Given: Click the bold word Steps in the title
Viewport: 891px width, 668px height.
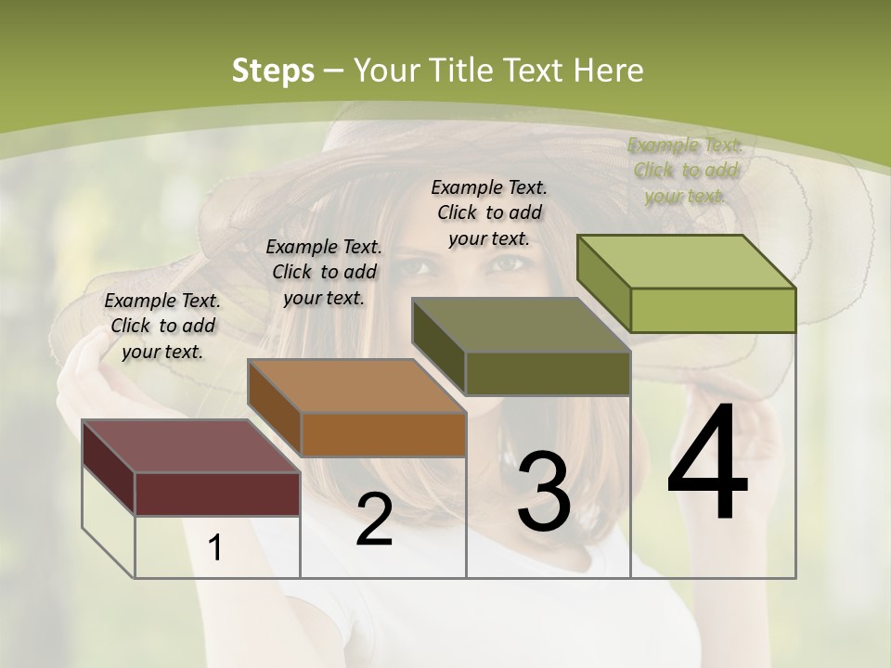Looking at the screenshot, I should pos(273,71).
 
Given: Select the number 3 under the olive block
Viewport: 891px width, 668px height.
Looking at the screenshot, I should pos(544,492).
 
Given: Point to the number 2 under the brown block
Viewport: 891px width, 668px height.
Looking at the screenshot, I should pos(374,520).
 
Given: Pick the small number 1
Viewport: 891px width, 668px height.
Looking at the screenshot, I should pos(215,547).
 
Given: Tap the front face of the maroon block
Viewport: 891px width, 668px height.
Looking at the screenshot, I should pos(217,494).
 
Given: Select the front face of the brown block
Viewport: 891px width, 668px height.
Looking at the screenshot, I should pos(382,434).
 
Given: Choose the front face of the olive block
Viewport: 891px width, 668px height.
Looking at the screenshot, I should pos(548,374).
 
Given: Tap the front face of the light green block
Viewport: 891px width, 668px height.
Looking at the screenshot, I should pos(713,310).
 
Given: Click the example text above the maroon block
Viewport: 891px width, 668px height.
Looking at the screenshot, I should pos(162,326).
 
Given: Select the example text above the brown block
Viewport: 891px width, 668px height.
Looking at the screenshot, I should pos(323,272).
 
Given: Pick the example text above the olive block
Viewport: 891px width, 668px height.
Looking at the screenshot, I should pos(489,212).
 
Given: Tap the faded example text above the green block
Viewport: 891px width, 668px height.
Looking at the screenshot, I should pos(685,170).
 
